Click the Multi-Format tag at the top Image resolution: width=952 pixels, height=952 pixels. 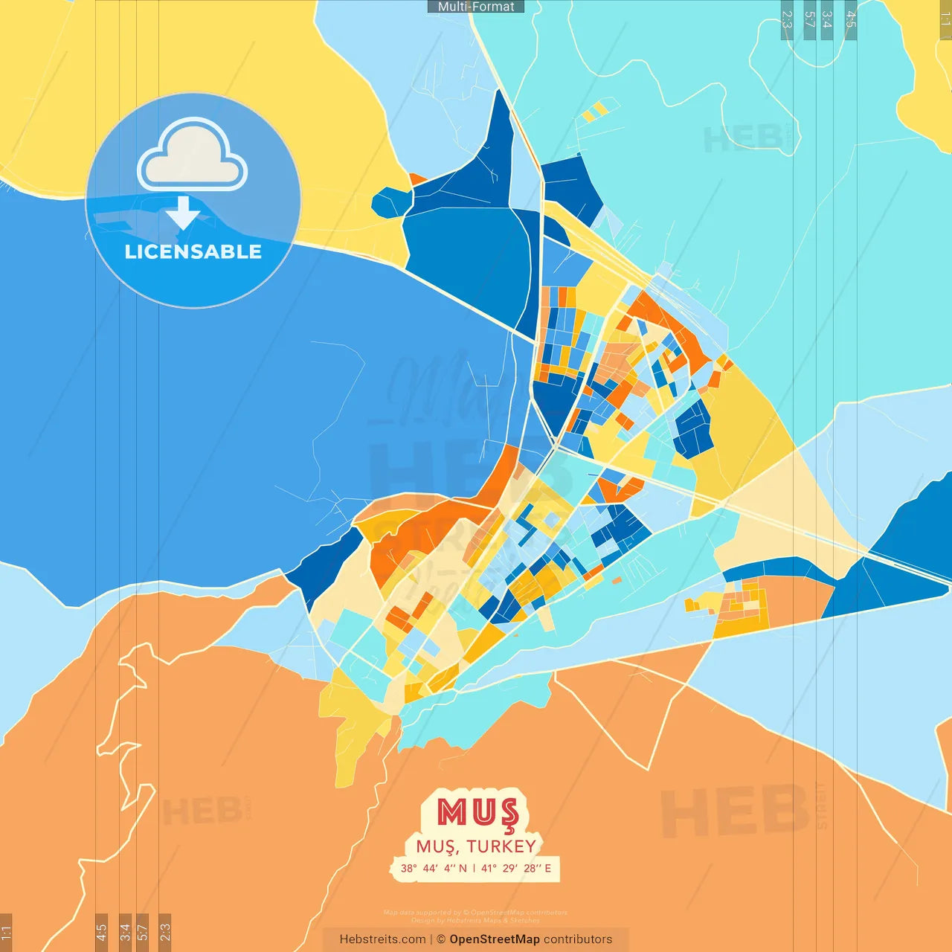pyautogui.click(x=476, y=7)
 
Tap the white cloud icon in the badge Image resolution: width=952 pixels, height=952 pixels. pyautogui.click(x=193, y=156)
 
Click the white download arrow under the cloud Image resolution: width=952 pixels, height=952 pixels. pyautogui.click(x=183, y=213)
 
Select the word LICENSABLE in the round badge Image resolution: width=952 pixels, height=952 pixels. pyautogui.click(x=193, y=251)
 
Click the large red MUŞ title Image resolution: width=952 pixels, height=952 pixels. pyautogui.click(x=477, y=812)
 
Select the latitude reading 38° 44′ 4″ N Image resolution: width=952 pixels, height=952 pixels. pyautogui.click(x=434, y=868)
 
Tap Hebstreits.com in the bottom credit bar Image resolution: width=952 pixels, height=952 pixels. pyautogui.click(x=382, y=939)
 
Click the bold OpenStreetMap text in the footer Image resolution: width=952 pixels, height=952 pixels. pyautogui.click(x=495, y=939)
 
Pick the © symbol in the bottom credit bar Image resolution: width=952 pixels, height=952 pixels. pyautogui.click(x=441, y=939)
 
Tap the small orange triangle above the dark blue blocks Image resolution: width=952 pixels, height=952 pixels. pyautogui.click(x=417, y=179)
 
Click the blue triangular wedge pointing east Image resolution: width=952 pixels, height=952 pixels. pyautogui.click(x=885, y=588)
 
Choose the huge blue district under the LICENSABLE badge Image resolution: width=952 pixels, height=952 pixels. pyautogui.click(x=223, y=416)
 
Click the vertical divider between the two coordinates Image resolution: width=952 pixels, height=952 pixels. pyautogui.click(x=474, y=868)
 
